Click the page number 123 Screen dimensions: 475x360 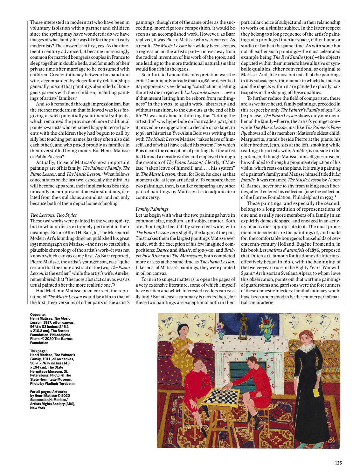338,463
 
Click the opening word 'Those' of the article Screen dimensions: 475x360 36,23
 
